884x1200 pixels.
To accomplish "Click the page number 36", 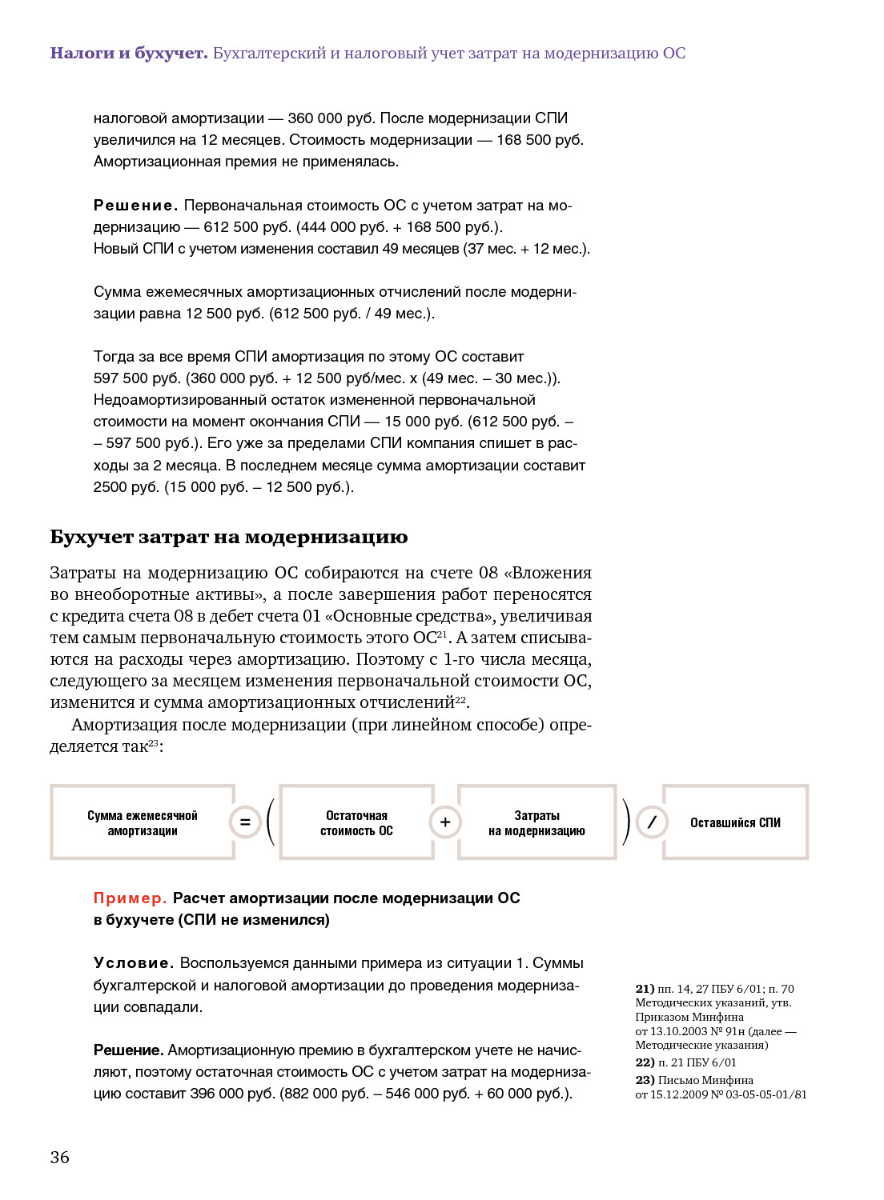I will [60, 1157].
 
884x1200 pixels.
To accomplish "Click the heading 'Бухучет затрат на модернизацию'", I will [229, 537].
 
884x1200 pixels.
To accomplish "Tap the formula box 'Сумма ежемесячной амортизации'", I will [143, 822].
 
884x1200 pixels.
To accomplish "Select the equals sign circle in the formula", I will [245, 822].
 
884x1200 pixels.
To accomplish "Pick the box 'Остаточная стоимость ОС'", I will [356, 822].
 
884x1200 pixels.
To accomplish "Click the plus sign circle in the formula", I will [445, 822].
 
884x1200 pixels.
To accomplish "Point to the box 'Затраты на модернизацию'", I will [536, 822].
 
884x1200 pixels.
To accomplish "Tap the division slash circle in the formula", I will [652, 822].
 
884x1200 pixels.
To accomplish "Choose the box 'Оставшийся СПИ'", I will [735, 822].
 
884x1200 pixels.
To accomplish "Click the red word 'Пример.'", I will [130, 898].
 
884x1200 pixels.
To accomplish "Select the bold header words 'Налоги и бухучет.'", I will [129, 54].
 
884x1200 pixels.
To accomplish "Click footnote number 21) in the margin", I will [645, 989].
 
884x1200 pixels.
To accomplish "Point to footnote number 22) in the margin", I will [645, 1062].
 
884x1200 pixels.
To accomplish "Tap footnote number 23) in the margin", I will [645, 1080].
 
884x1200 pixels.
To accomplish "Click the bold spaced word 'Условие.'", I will [134, 963].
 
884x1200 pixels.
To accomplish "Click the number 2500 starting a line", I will [110, 487].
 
